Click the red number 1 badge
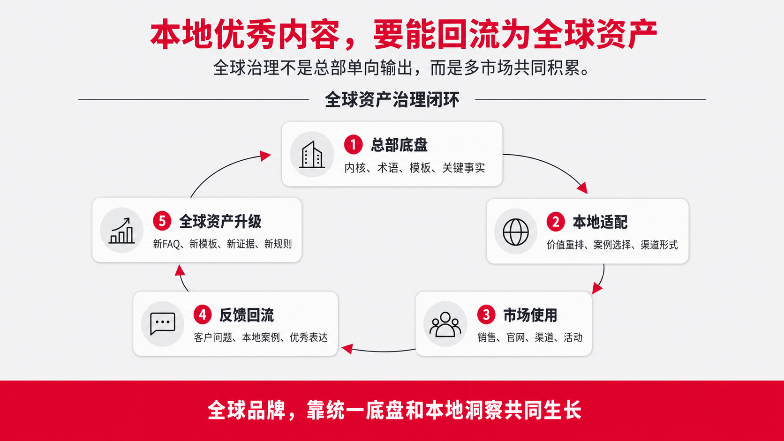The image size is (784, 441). click(x=353, y=144)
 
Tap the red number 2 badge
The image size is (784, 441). click(x=556, y=222)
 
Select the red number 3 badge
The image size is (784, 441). click(x=486, y=314)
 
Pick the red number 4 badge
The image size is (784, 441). click(x=202, y=314)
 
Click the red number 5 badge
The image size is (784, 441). click(x=162, y=221)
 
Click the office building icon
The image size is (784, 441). click(x=311, y=155)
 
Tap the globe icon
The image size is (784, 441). click(x=515, y=232)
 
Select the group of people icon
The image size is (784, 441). click(x=445, y=324)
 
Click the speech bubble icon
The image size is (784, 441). click(x=162, y=323)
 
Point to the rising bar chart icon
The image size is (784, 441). click(x=121, y=231)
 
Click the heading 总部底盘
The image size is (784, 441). click(x=400, y=145)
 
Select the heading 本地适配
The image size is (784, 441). click(x=600, y=222)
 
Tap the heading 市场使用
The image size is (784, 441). click(x=530, y=315)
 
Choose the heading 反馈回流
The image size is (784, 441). click(x=246, y=315)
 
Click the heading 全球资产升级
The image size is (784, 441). click(x=220, y=221)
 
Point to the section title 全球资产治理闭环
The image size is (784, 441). click(x=392, y=100)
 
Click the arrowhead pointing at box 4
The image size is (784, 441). click(x=347, y=348)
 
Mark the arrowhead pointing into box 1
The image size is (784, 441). click(x=266, y=156)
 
